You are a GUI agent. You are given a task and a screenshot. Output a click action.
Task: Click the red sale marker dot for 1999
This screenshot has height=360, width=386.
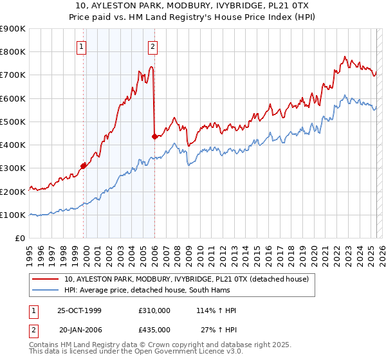coord(84,166)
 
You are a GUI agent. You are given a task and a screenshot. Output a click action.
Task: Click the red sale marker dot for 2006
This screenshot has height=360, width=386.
coord(154,136)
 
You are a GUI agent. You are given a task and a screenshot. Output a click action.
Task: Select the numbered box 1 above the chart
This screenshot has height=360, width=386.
coord(82,46)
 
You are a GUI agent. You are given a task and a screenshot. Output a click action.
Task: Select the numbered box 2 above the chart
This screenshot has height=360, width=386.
coord(152,46)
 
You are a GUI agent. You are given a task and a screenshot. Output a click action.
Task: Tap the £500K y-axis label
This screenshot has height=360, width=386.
coord(13,122)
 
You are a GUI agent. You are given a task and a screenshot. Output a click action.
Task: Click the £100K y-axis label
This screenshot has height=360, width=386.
coord(13,215)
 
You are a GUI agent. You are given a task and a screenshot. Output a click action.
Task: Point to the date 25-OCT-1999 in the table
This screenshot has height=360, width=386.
coord(80,310)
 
